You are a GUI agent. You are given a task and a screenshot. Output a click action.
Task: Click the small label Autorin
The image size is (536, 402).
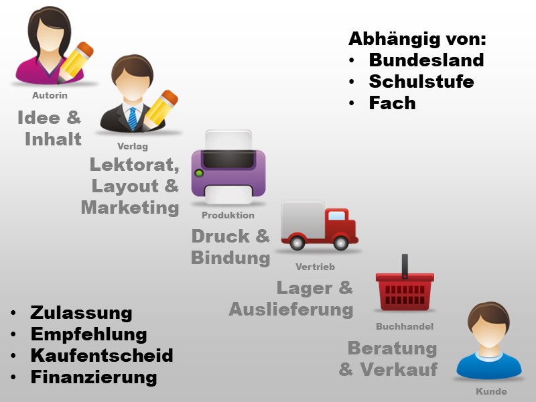[x=50, y=96]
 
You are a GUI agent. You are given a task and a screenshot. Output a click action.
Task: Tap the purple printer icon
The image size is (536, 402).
[x=228, y=169]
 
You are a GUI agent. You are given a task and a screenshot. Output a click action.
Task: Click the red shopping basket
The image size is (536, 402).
[x=405, y=288]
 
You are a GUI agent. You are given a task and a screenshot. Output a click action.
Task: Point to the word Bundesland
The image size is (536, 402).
[x=426, y=60]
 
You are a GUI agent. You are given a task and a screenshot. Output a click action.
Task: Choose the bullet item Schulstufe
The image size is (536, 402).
[x=421, y=82]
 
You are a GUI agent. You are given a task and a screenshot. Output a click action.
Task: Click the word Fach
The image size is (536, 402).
[x=392, y=103]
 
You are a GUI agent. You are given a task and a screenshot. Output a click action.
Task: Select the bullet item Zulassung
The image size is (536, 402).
[x=81, y=312]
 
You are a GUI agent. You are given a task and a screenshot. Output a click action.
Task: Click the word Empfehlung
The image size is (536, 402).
[x=88, y=334]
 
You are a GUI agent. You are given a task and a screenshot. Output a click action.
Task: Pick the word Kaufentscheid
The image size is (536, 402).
[x=102, y=355]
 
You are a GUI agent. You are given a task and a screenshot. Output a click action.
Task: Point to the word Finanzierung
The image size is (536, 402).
[x=94, y=377]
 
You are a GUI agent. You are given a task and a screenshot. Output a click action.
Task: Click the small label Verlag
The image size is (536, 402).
[x=132, y=146]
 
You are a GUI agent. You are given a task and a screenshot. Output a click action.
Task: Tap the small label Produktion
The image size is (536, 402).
[x=228, y=215]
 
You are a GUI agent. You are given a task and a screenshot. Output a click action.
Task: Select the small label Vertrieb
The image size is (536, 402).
[x=315, y=267]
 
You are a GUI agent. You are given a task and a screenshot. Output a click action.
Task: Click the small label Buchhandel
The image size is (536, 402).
[x=405, y=326]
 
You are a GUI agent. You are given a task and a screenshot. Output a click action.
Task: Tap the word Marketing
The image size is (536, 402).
[x=130, y=207]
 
